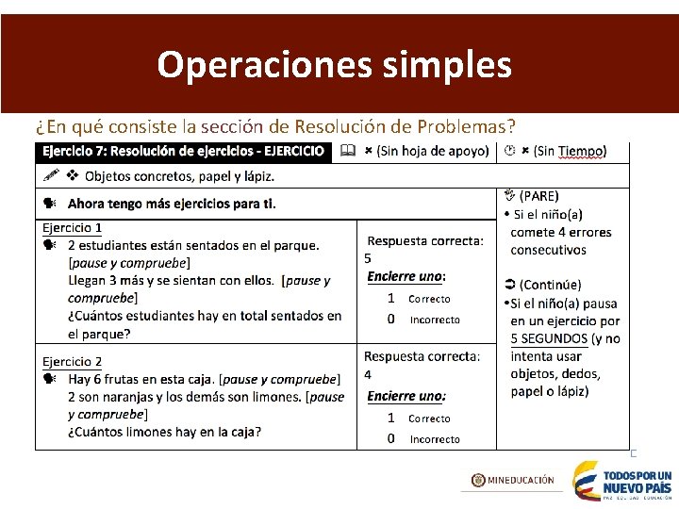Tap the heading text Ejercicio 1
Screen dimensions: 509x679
point(73,228)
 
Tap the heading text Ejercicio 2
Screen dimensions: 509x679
point(73,361)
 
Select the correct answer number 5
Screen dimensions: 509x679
point(368,258)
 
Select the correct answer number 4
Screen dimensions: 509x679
point(368,375)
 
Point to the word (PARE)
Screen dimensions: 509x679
point(538,196)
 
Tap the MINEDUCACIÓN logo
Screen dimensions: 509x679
point(513,480)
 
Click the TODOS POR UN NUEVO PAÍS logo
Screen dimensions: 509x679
point(622,481)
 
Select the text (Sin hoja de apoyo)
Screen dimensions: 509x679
point(433,151)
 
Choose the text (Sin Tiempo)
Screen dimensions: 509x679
point(570,151)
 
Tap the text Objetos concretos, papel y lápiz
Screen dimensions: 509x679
point(179,176)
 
